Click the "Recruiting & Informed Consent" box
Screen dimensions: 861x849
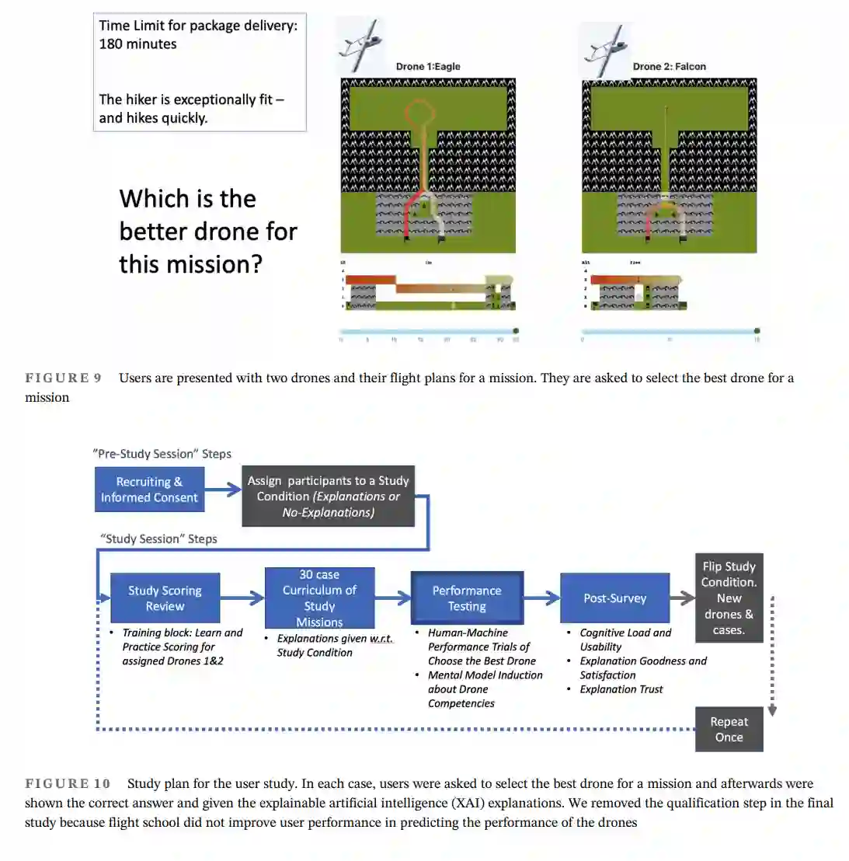149,490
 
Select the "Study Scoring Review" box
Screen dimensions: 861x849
165,598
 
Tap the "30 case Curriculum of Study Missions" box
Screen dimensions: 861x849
319,598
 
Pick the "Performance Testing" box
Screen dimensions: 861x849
467,598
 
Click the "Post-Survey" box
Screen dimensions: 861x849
614,598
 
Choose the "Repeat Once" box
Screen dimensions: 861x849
729,730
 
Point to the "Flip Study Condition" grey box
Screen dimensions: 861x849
729,598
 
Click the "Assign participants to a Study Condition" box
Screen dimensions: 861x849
328,497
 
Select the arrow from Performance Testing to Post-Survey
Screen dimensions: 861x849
542,598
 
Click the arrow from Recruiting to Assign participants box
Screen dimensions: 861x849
224,490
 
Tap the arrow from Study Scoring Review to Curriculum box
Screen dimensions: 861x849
242,598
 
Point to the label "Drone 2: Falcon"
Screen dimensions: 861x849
669,67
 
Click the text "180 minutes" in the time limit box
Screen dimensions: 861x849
137,44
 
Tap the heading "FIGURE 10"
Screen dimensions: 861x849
68,783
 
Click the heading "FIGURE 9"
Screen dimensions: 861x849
63,378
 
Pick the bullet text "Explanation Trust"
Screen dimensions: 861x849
621,689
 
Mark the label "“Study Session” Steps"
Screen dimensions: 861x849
158,539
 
